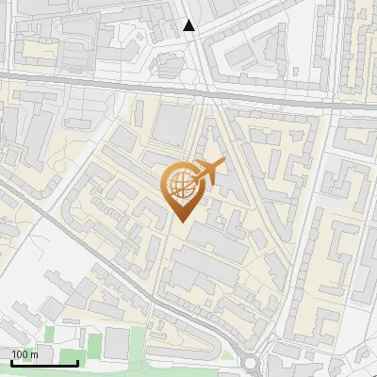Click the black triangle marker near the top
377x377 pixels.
189,26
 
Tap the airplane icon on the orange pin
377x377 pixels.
206,172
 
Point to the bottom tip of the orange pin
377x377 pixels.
180,221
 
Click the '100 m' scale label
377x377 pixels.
25,354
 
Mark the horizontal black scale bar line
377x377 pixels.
43,363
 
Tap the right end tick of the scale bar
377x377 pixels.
77,361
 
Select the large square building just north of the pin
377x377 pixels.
172,125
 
